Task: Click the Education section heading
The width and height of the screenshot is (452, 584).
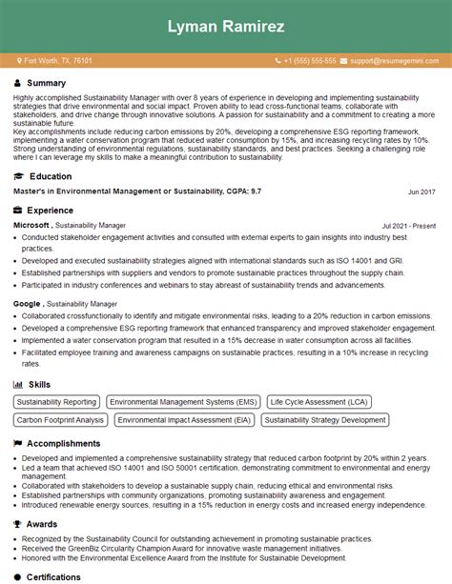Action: click(x=51, y=176)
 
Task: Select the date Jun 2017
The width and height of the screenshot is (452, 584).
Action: click(x=421, y=192)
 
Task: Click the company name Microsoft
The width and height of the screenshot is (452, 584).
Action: click(x=31, y=225)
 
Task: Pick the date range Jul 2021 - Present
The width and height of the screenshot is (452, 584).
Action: click(x=408, y=226)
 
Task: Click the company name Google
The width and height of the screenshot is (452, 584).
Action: click(x=26, y=304)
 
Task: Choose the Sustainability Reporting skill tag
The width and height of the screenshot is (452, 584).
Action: click(x=56, y=402)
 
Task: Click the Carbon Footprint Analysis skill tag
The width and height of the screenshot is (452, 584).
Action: click(x=61, y=419)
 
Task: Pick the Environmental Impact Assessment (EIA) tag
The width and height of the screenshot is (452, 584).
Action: click(x=185, y=419)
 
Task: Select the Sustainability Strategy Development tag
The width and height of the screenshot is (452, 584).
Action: click(x=325, y=419)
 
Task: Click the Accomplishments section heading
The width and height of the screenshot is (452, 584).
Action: click(x=63, y=443)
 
